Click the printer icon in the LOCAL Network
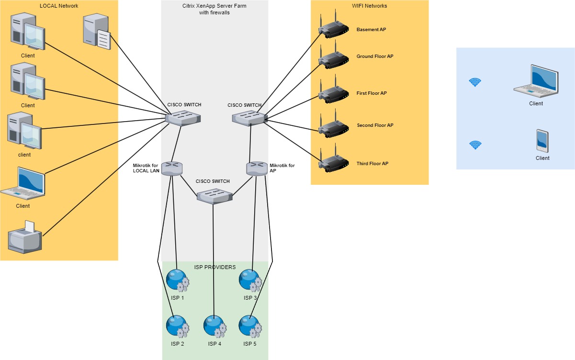coord(25,238)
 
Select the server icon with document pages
coord(96,32)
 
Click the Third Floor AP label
coord(372,164)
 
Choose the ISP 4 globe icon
coord(214,326)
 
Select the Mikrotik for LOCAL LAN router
coord(172,168)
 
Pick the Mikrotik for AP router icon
coord(257,168)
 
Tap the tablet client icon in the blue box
coord(542,141)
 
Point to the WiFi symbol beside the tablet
coord(475,145)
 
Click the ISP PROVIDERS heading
coord(215,267)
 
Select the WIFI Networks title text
coord(369,6)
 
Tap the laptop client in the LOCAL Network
coord(23,184)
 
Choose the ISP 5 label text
coord(250,344)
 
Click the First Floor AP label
coord(372,93)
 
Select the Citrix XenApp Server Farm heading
coord(214,9)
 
